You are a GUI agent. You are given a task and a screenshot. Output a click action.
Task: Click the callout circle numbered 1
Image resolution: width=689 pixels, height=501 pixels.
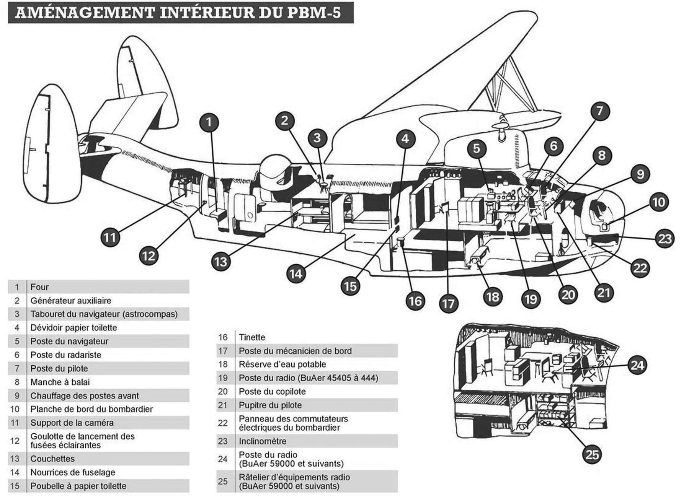click(209, 122)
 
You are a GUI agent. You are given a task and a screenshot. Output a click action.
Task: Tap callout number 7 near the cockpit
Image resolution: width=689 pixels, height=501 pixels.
click(599, 111)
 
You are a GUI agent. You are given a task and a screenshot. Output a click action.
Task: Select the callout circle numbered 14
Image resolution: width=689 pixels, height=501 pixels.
click(296, 274)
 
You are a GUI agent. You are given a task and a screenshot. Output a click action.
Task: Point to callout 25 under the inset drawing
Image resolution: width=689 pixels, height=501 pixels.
click(592, 455)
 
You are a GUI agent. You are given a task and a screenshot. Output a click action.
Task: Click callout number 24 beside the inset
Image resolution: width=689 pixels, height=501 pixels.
click(637, 365)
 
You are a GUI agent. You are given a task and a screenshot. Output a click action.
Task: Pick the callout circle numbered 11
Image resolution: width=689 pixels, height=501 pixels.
click(110, 238)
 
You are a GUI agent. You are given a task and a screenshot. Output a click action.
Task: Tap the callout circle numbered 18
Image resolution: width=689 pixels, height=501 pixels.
click(493, 297)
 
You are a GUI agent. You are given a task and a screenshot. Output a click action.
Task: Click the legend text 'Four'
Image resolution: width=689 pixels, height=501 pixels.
click(39, 287)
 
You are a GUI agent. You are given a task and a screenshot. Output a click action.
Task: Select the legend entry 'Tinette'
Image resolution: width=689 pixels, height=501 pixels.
click(252, 337)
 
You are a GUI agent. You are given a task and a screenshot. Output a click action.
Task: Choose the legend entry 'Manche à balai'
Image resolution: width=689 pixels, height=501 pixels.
click(60, 382)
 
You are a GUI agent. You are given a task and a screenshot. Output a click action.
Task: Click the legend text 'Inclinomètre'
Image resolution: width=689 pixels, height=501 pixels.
click(262, 441)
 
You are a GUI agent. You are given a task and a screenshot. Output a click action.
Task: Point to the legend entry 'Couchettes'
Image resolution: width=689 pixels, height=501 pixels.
click(52, 459)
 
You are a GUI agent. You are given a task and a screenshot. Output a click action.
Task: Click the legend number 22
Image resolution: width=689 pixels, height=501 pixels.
click(223, 423)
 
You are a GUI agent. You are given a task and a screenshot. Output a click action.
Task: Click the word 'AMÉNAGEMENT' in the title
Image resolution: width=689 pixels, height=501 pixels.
click(84, 13)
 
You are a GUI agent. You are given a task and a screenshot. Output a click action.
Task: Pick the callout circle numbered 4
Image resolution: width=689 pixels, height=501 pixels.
click(405, 138)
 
